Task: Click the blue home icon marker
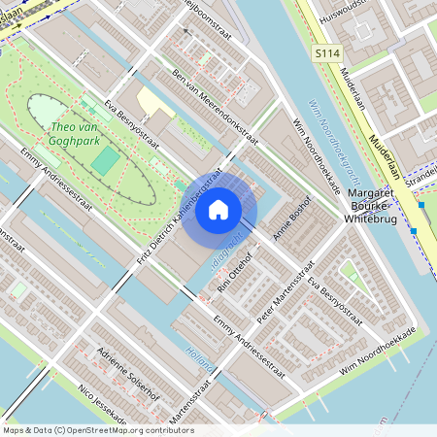[218, 209]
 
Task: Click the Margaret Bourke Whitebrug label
[382, 207]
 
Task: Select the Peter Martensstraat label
[277, 295]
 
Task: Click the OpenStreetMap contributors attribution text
[97, 430]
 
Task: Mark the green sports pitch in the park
[104, 160]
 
